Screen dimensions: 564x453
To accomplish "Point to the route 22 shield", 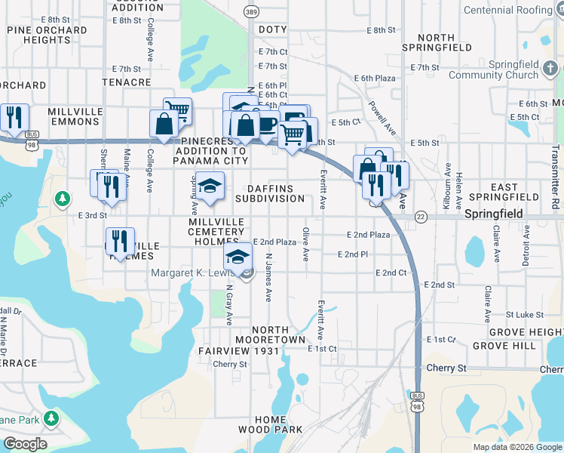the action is tap(421, 216).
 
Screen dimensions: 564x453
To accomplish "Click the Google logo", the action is tap(25, 444).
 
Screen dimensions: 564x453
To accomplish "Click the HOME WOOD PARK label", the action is tap(270, 424).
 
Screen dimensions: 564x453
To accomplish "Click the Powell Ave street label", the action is tap(383, 118).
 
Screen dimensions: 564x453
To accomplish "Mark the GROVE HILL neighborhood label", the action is tap(503, 346).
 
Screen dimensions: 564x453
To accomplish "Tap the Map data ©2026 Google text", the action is tap(517, 447).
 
